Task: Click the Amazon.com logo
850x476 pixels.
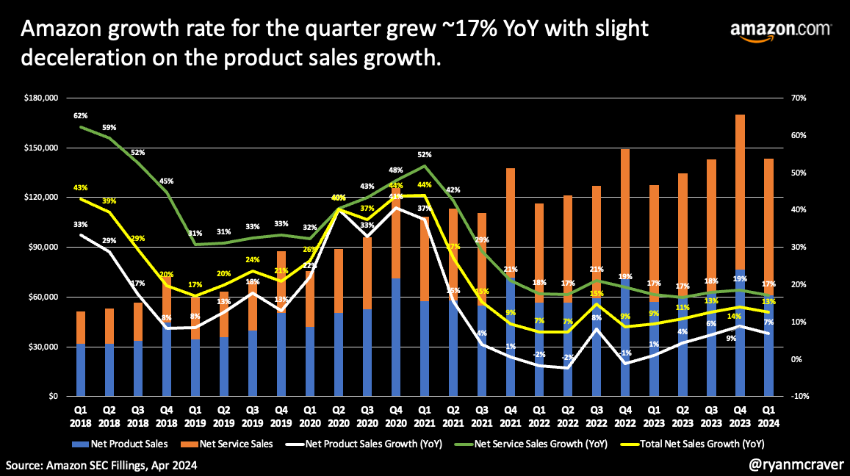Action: coord(780,33)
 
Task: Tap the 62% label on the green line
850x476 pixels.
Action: coord(81,115)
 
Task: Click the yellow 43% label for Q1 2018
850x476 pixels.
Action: coord(81,187)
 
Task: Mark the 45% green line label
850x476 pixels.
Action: coord(167,181)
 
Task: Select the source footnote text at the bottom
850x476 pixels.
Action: coord(101,465)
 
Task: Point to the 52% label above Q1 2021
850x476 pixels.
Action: coord(424,154)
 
